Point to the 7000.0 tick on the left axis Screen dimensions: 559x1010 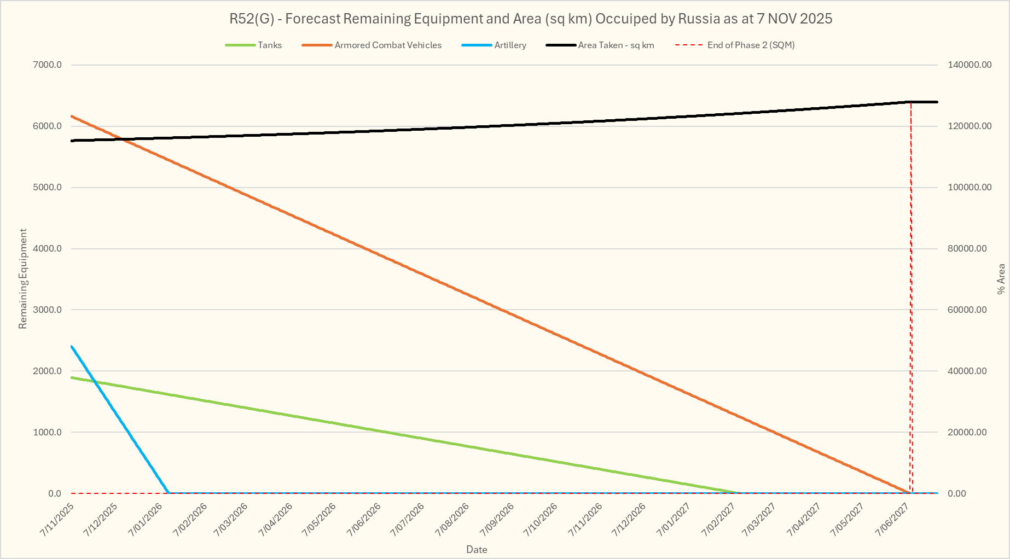click(48, 65)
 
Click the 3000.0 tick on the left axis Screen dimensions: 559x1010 click(48, 310)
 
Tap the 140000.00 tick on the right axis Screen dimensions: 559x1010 click(970, 65)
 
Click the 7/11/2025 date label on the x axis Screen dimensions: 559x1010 click(57, 519)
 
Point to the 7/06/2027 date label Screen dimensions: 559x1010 click(892, 519)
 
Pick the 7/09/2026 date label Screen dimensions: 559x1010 click(497, 519)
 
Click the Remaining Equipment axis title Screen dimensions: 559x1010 click(23, 279)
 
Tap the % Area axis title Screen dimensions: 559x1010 click(1001, 279)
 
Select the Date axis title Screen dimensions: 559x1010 click(477, 550)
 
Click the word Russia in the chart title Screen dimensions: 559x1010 click(699, 19)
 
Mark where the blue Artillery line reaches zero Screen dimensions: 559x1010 click(169, 493)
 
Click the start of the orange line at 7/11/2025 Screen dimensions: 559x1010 click(72, 116)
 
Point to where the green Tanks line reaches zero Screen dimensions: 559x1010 click(740, 493)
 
